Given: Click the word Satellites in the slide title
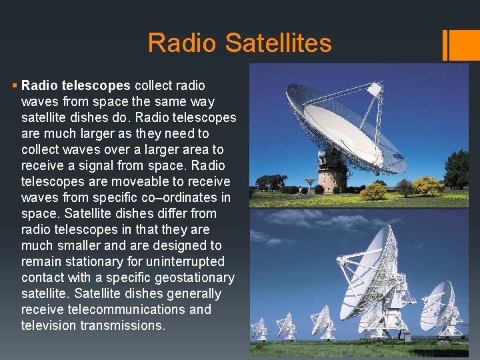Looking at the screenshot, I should [x=278, y=43].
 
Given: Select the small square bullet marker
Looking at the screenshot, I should [x=15, y=86].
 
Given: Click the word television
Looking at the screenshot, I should [x=49, y=325].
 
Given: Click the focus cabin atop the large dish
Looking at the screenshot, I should [x=375, y=89].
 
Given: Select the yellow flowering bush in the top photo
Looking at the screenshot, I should [x=373, y=191].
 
